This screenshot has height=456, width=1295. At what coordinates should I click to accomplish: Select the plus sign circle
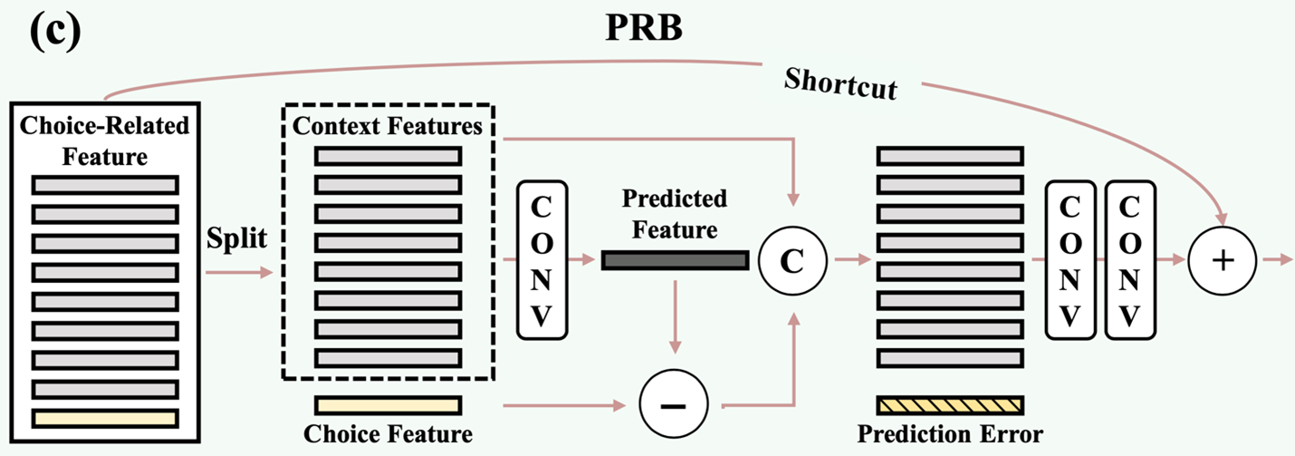(1223, 260)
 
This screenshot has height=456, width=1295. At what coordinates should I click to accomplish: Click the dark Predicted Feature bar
(675, 261)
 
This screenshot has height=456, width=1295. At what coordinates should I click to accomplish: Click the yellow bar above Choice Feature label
(388, 404)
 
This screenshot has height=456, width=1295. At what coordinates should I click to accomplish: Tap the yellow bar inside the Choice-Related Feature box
(105, 418)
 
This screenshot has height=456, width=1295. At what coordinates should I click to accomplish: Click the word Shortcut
(840, 84)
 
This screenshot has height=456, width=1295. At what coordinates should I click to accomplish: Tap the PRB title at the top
(643, 29)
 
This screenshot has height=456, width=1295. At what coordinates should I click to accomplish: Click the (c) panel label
(54, 30)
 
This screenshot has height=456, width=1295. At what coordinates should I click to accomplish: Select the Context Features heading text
(388, 126)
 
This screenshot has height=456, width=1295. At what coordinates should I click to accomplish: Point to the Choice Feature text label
(388, 434)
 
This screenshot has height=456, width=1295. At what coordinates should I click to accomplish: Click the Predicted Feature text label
(675, 213)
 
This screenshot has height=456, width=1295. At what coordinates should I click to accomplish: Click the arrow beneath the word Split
(238, 271)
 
